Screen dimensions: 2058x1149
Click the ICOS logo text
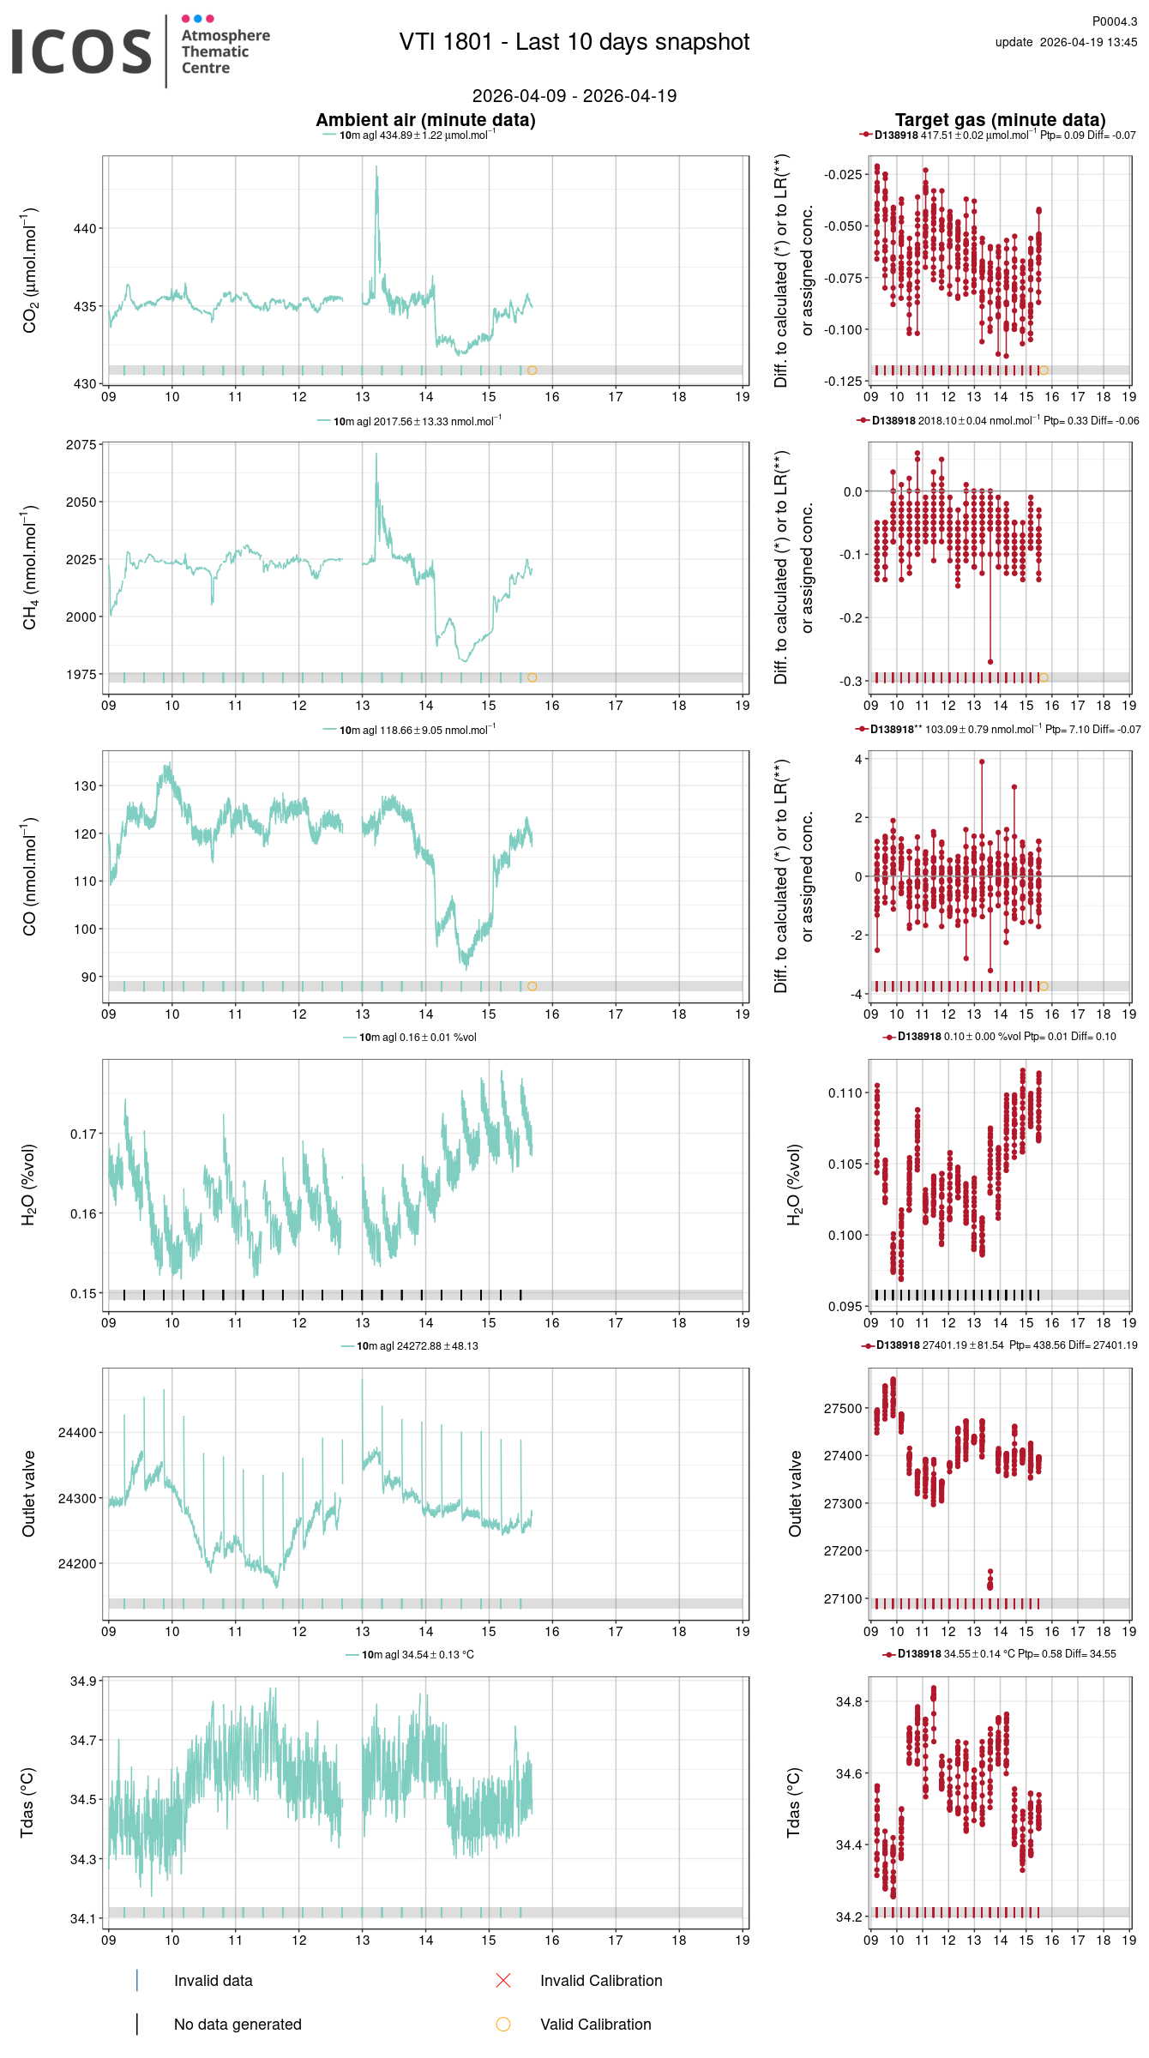(x=81, y=51)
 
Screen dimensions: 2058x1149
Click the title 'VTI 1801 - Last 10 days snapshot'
(x=574, y=42)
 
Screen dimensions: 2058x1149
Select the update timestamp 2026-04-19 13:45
(x=1087, y=42)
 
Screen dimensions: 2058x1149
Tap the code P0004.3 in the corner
(x=1114, y=21)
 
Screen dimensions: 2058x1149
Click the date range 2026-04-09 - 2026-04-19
(x=574, y=96)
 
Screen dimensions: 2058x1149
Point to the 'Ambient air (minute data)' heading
(x=425, y=120)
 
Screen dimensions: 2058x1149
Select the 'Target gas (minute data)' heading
(x=1000, y=120)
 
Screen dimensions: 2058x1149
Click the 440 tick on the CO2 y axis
(x=85, y=228)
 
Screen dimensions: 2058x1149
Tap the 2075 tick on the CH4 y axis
(x=81, y=445)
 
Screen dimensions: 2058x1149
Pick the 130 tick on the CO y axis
(x=85, y=785)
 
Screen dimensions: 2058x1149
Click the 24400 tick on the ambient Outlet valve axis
(x=78, y=1432)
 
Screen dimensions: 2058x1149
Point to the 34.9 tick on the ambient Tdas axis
(x=83, y=1681)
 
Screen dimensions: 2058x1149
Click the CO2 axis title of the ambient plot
(x=30, y=270)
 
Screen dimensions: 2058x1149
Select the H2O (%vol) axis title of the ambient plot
(x=28, y=1184)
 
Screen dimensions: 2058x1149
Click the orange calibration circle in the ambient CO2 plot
(x=532, y=370)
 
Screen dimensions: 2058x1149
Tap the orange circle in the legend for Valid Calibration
(x=503, y=2024)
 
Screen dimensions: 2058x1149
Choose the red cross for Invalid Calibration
(x=503, y=1980)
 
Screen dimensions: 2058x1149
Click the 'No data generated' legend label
(x=238, y=2024)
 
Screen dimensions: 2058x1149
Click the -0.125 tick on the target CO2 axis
(x=843, y=381)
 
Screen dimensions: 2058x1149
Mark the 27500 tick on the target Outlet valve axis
(x=843, y=1408)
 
